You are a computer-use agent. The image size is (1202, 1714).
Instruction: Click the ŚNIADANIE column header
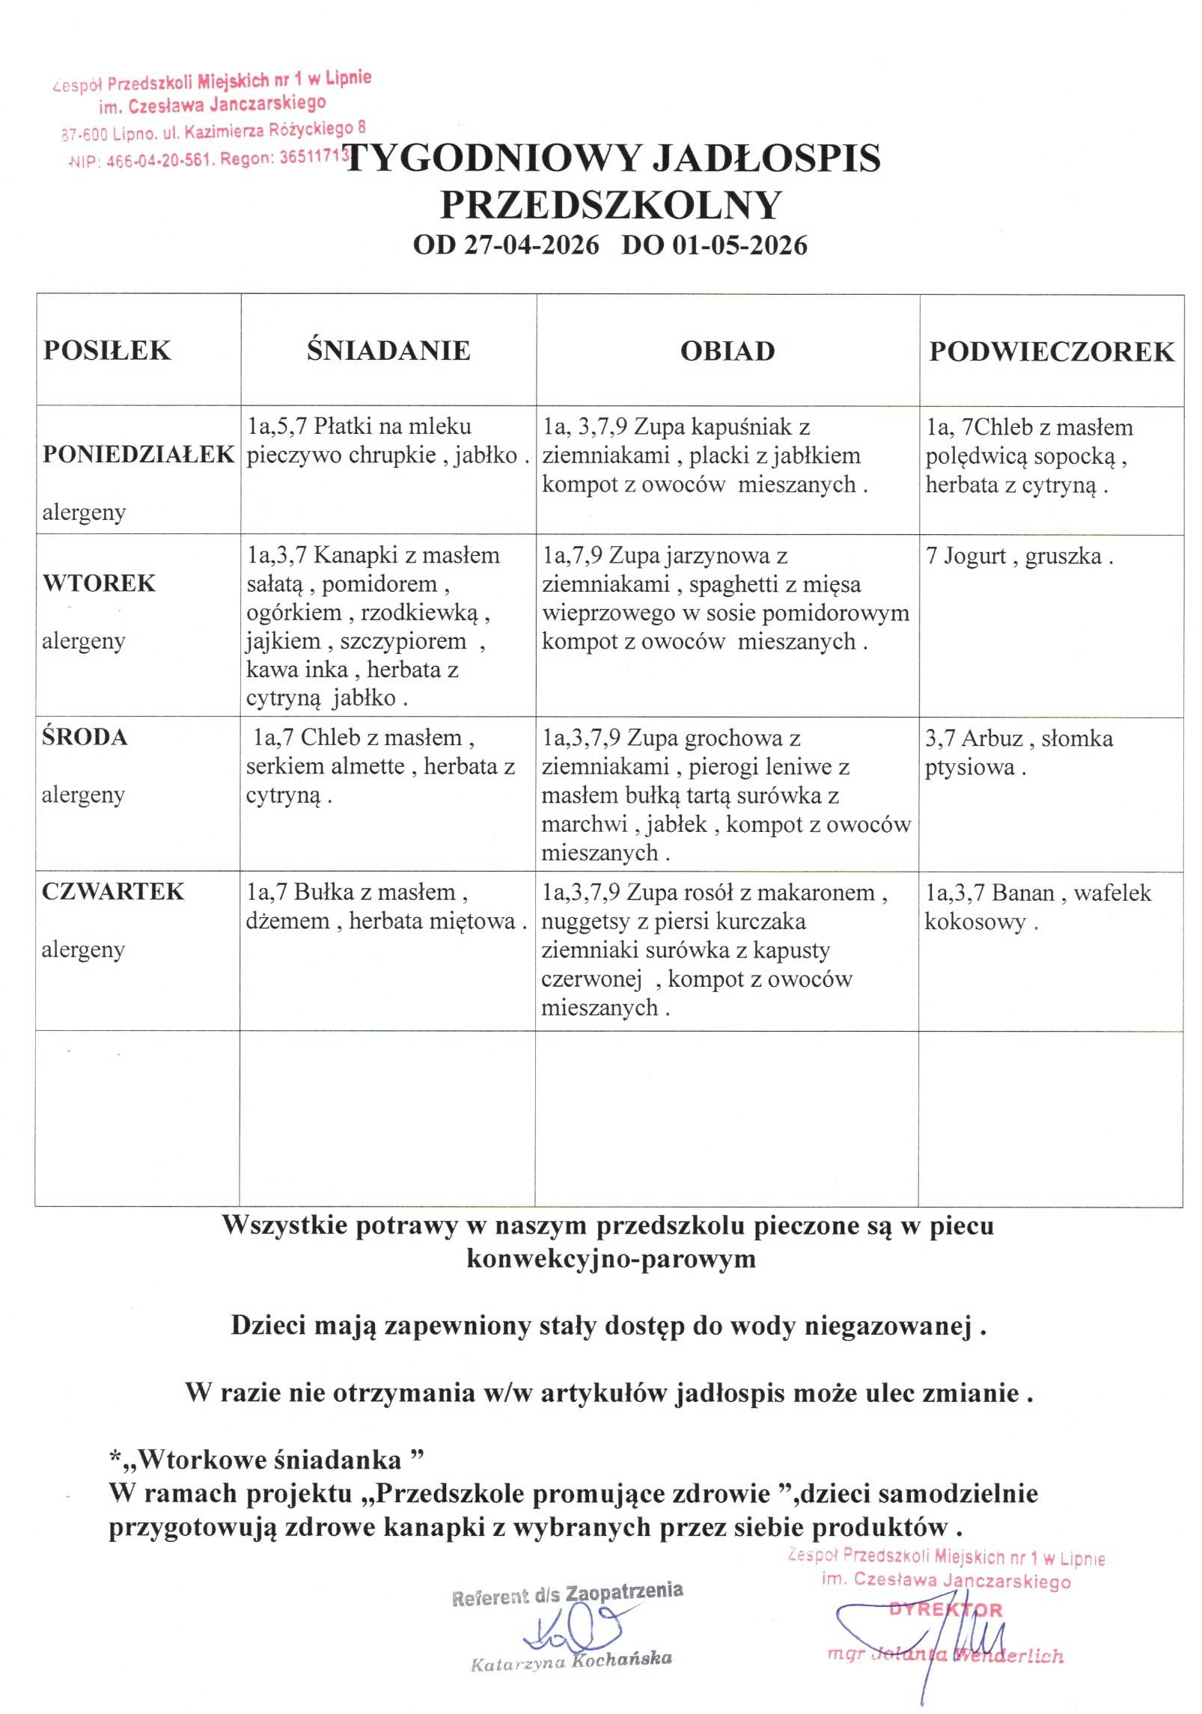[388, 350]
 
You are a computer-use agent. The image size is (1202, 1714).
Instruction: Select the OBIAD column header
[727, 351]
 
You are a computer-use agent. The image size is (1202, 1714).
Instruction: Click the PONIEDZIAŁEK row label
[138, 454]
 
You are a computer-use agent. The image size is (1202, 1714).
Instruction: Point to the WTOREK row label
[99, 583]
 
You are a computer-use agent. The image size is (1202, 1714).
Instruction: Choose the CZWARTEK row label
[113, 891]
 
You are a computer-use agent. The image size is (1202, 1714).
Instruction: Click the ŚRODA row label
[85, 737]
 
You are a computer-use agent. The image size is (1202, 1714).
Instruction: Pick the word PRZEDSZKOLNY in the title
[611, 205]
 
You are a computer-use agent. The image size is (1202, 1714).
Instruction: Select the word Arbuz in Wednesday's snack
[992, 738]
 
